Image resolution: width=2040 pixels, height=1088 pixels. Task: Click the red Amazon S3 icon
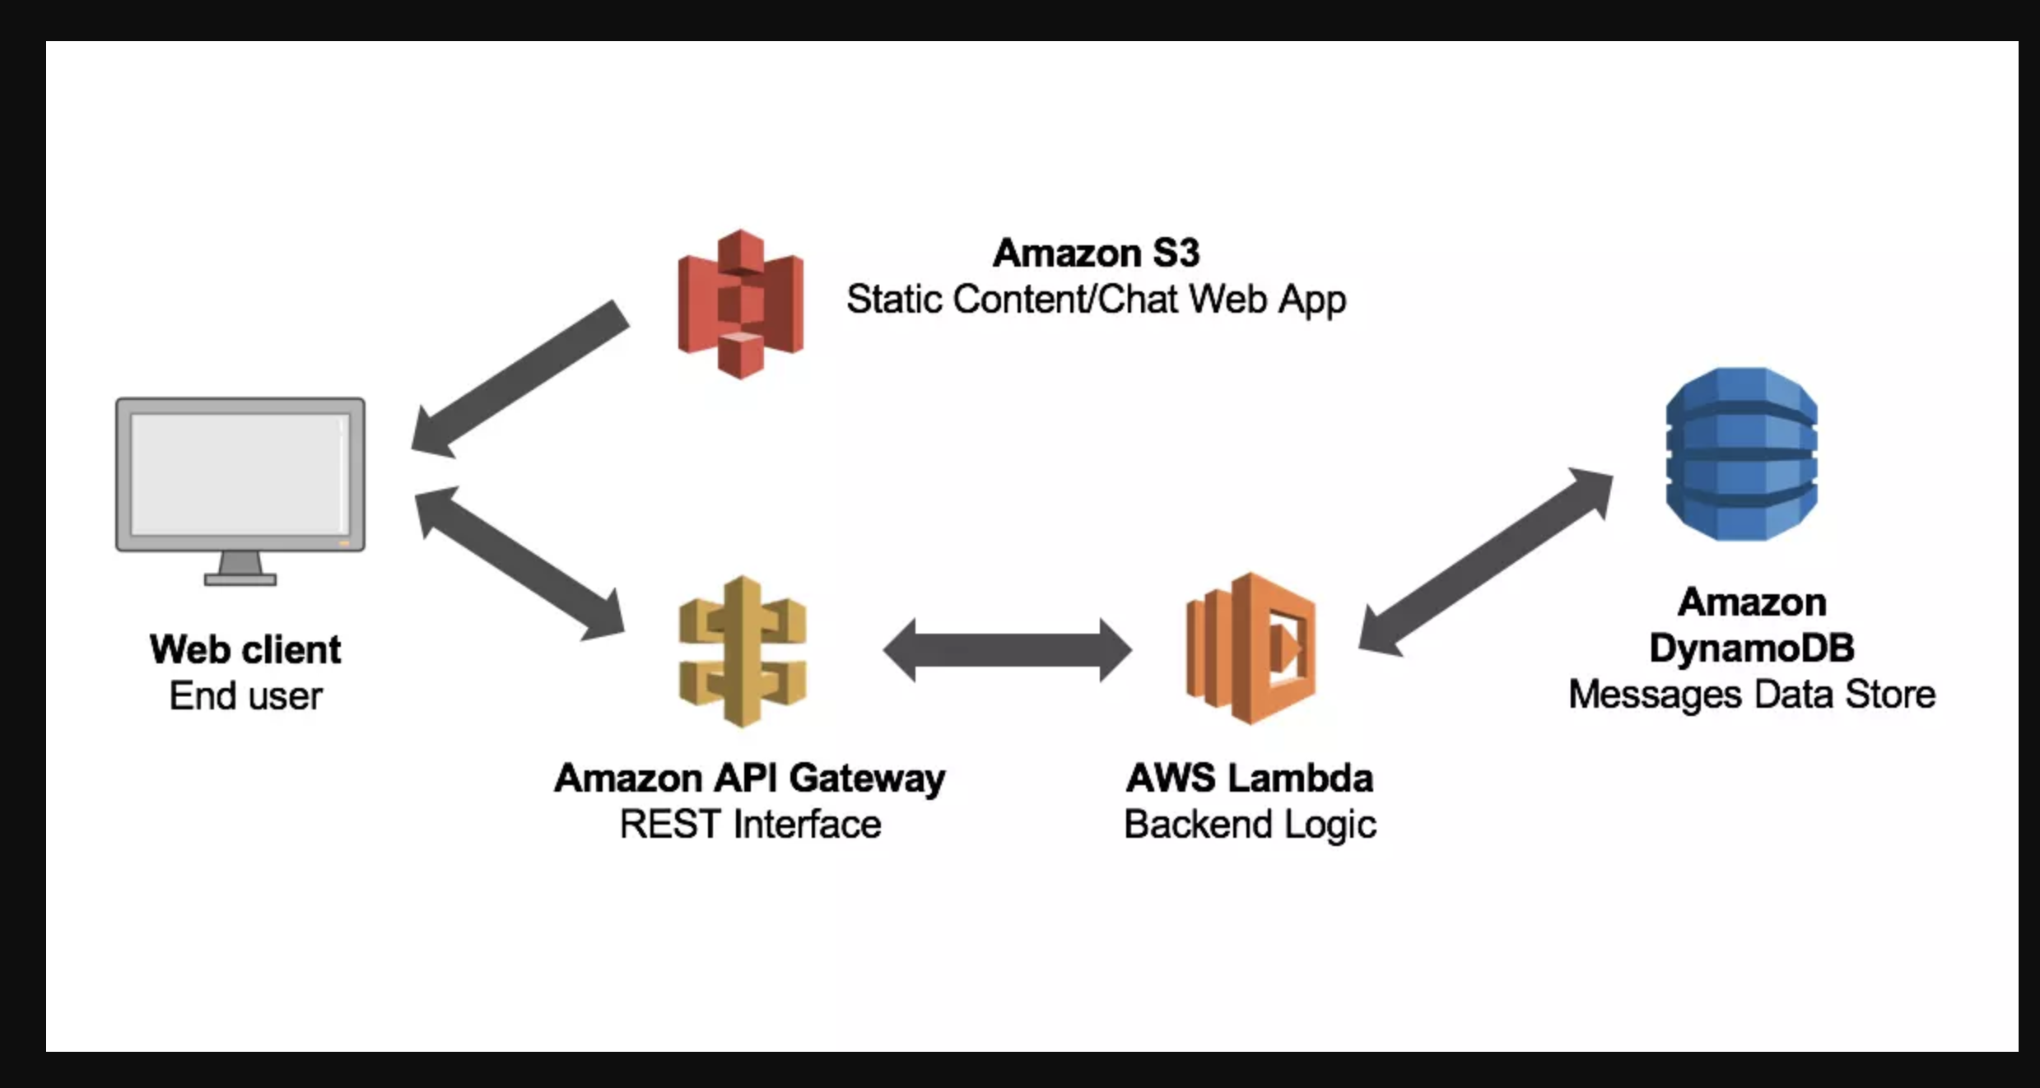pos(740,304)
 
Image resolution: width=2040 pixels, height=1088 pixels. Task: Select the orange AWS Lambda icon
pos(1251,649)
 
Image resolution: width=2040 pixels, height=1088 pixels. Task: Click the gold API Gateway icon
pos(742,651)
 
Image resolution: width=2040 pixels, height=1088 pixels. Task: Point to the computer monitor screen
pos(240,473)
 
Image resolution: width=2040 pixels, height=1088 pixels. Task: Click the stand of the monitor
pos(240,569)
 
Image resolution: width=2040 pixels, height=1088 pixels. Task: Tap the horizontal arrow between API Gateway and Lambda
pos(1007,650)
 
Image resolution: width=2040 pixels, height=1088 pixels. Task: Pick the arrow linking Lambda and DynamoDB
pos(1485,562)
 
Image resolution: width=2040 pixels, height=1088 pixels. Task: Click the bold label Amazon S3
pos(1096,253)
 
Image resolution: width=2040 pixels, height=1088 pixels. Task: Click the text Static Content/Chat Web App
pos(1096,299)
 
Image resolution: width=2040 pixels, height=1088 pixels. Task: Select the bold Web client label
pos(245,649)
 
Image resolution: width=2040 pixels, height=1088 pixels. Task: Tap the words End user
pos(245,696)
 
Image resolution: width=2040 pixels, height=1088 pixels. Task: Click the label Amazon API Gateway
pos(749,778)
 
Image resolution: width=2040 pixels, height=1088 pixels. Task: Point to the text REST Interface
pos(749,824)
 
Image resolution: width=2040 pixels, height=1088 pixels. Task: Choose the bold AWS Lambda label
pos(1250,778)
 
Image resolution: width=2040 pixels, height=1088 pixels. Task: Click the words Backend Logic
pos(1250,824)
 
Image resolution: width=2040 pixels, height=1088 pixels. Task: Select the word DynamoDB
pos(1752,648)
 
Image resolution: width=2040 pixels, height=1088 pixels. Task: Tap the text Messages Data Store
pos(1752,695)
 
